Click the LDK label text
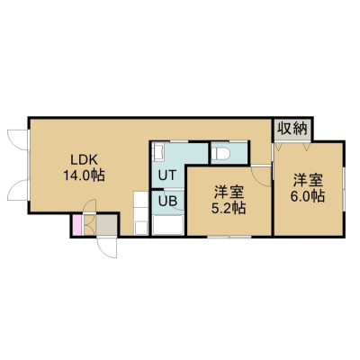(84, 159)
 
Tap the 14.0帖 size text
(84, 175)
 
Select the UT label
(166, 175)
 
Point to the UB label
(167, 201)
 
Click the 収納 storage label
(292, 129)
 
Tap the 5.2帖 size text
(229, 208)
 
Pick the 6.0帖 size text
(307, 196)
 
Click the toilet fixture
(220, 154)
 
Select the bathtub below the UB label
(167, 225)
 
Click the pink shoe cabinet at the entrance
(77, 225)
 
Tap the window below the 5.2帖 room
(229, 237)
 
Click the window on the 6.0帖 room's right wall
(344, 187)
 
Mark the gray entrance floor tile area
(106, 225)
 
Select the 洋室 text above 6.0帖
(307, 181)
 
